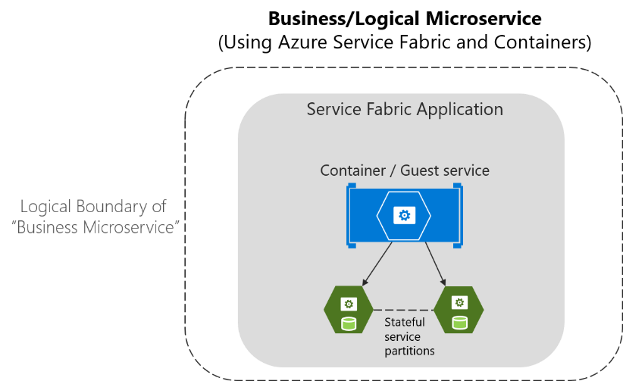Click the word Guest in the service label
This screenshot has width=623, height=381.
point(423,170)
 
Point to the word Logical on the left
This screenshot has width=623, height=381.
point(49,206)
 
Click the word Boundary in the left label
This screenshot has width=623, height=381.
point(114,206)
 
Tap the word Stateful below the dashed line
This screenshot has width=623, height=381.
point(405,322)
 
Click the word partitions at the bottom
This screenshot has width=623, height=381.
point(409,351)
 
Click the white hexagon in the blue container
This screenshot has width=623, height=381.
point(404,216)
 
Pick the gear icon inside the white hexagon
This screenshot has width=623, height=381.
point(404,215)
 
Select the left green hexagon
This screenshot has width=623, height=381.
point(349,311)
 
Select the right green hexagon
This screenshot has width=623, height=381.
point(459,311)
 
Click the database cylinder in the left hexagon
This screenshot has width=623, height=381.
point(349,323)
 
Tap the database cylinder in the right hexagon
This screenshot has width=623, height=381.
point(459,323)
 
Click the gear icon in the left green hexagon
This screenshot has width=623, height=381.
point(349,304)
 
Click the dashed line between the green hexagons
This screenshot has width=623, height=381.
point(403,309)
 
